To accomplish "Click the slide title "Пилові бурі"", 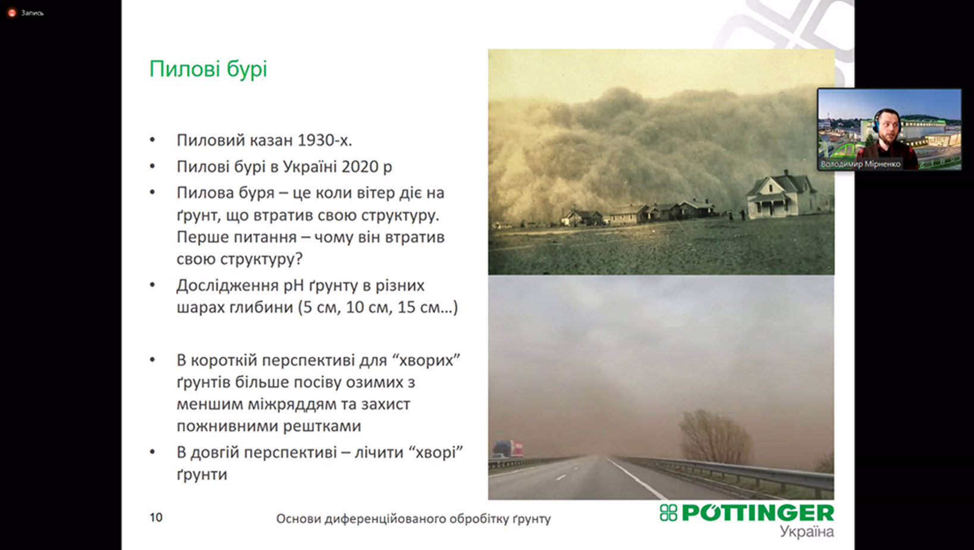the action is click(x=208, y=70).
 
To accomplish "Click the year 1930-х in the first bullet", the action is click(x=325, y=140).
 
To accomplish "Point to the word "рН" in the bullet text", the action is click(x=294, y=285).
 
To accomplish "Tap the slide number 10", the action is click(x=156, y=517).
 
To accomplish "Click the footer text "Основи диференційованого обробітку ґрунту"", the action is click(x=413, y=518).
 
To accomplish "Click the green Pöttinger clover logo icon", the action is click(x=668, y=513).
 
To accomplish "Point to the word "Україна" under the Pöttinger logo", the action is click(x=806, y=532).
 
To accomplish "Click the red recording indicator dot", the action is click(x=12, y=13).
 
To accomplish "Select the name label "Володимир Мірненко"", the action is click(x=860, y=164).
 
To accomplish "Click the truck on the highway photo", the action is click(x=508, y=449).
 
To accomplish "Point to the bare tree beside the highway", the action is click(x=715, y=436).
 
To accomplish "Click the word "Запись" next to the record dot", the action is click(x=32, y=13).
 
